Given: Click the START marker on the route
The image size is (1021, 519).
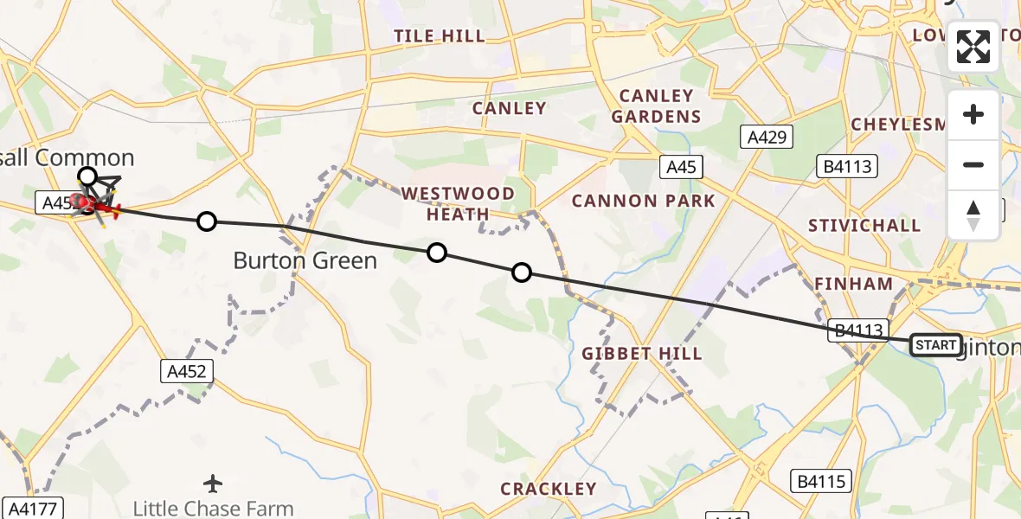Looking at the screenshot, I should tap(935, 345).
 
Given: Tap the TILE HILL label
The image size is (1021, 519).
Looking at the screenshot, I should tap(439, 35).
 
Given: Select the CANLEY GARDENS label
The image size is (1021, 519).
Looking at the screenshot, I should tap(656, 106).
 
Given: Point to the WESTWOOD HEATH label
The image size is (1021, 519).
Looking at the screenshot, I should tap(459, 203).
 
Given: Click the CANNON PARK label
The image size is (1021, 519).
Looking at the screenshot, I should tap(644, 202).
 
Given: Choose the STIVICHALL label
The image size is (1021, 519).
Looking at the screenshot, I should tap(864, 226).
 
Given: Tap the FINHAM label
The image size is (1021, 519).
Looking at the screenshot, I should tap(853, 284).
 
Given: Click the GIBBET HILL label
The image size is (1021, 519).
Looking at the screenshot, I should tap(641, 354).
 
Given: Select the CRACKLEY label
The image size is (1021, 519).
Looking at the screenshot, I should tap(549, 489).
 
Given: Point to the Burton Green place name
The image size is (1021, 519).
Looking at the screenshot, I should tap(305, 260).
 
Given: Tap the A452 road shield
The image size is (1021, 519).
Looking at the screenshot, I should tap(187, 371).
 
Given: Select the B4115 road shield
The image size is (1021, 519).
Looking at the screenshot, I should tap(822, 481).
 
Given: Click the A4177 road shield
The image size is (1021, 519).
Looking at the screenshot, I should tap(33, 508).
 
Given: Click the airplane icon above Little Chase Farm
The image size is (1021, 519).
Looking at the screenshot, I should tap(213, 483).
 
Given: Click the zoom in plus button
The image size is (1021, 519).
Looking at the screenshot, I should tap(973, 115).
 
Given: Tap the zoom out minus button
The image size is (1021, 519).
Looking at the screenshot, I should tap(973, 164).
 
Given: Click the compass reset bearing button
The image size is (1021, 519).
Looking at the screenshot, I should tap(973, 215).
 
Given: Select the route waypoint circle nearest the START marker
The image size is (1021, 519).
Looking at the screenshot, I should tap(522, 272).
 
